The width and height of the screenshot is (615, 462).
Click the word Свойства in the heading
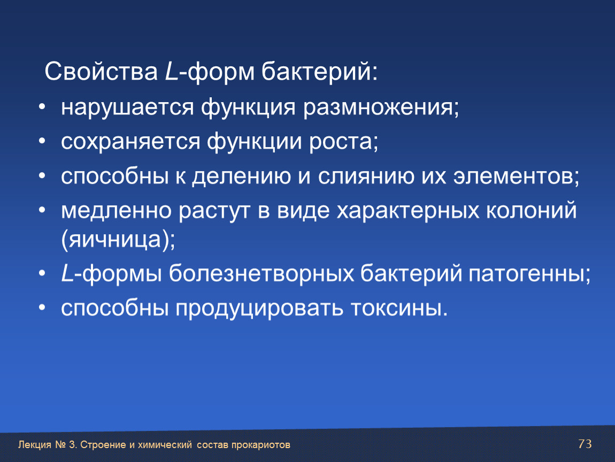point(101,71)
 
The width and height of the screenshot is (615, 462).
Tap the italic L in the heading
point(172,71)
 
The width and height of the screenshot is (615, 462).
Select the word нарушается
point(127,107)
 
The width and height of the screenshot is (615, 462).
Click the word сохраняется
point(130,142)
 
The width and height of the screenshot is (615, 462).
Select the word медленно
point(116,210)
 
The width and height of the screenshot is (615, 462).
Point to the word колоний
point(532,210)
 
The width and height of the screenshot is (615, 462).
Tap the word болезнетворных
point(261,273)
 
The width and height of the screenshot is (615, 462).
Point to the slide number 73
point(585,444)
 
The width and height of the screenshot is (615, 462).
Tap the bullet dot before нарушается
point(42,107)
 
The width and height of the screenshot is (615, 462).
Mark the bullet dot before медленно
point(42,210)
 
